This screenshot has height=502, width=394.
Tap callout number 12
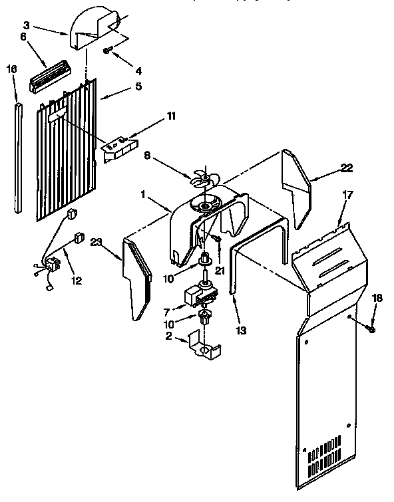pos(76,281)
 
